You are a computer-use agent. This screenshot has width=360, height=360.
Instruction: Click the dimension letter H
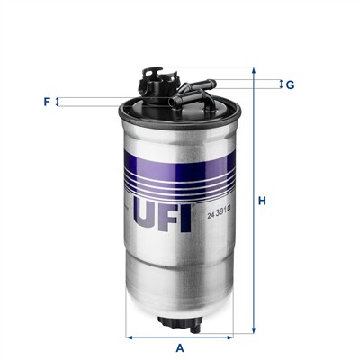[262, 201]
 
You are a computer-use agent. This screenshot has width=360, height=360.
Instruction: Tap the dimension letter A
[180, 347]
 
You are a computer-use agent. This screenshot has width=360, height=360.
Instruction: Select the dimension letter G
[290, 85]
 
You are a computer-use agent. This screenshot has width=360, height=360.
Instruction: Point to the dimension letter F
[46, 102]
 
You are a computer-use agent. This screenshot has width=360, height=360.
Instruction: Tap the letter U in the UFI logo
[146, 214]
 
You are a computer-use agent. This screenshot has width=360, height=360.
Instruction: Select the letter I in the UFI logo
[186, 214]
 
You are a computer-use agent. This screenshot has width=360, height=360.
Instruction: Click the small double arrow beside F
[58, 102]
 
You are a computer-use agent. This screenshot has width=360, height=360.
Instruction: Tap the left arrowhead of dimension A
[129, 337]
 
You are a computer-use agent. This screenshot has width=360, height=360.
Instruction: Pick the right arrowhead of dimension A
[232, 337]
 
